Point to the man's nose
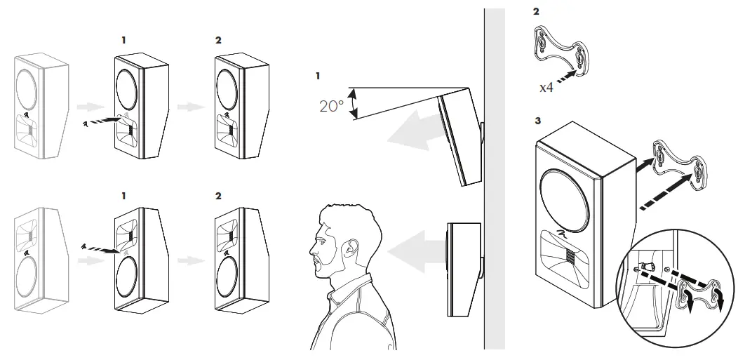click(x=313, y=246)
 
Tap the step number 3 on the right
click(x=537, y=121)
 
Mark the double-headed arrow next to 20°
click(x=354, y=103)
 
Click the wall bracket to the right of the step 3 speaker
click(x=678, y=165)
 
